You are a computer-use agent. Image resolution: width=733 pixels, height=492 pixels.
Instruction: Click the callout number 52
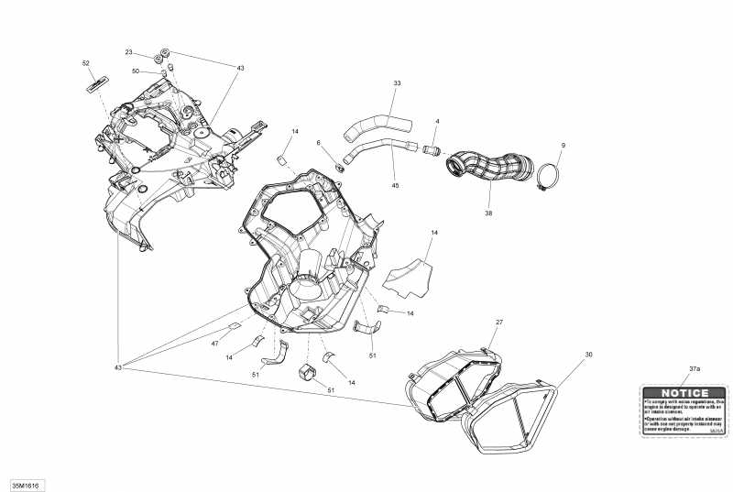86,63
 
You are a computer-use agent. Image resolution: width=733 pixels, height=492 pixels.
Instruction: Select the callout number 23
129,52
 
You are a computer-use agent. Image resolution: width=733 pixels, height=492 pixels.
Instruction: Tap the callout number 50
136,71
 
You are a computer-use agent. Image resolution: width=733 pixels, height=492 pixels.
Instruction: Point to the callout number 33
397,83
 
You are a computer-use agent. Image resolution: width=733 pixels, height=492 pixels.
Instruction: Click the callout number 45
395,186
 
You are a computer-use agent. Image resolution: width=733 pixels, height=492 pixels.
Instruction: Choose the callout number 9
563,145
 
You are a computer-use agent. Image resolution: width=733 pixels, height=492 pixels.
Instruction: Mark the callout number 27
499,323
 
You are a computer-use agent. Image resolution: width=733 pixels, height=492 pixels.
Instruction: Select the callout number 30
588,354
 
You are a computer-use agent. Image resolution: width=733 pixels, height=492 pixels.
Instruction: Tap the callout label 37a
694,368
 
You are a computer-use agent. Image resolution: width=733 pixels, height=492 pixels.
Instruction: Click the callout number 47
215,343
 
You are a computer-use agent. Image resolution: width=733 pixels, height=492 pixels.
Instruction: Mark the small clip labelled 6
338,166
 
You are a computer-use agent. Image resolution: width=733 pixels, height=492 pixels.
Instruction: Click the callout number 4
437,121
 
